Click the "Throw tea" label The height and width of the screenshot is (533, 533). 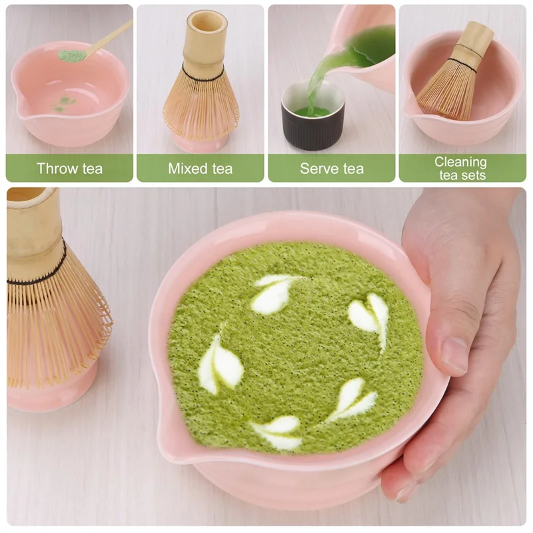click(x=69, y=169)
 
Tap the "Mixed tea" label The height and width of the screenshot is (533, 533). click(x=200, y=169)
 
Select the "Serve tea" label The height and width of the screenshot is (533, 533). click(x=331, y=169)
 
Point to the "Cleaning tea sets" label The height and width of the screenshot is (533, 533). click(x=460, y=169)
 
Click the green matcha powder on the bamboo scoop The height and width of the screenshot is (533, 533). click(x=73, y=55)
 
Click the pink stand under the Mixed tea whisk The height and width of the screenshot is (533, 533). click(x=200, y=142)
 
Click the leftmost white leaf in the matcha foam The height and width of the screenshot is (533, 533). click(x=219, y=366)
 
